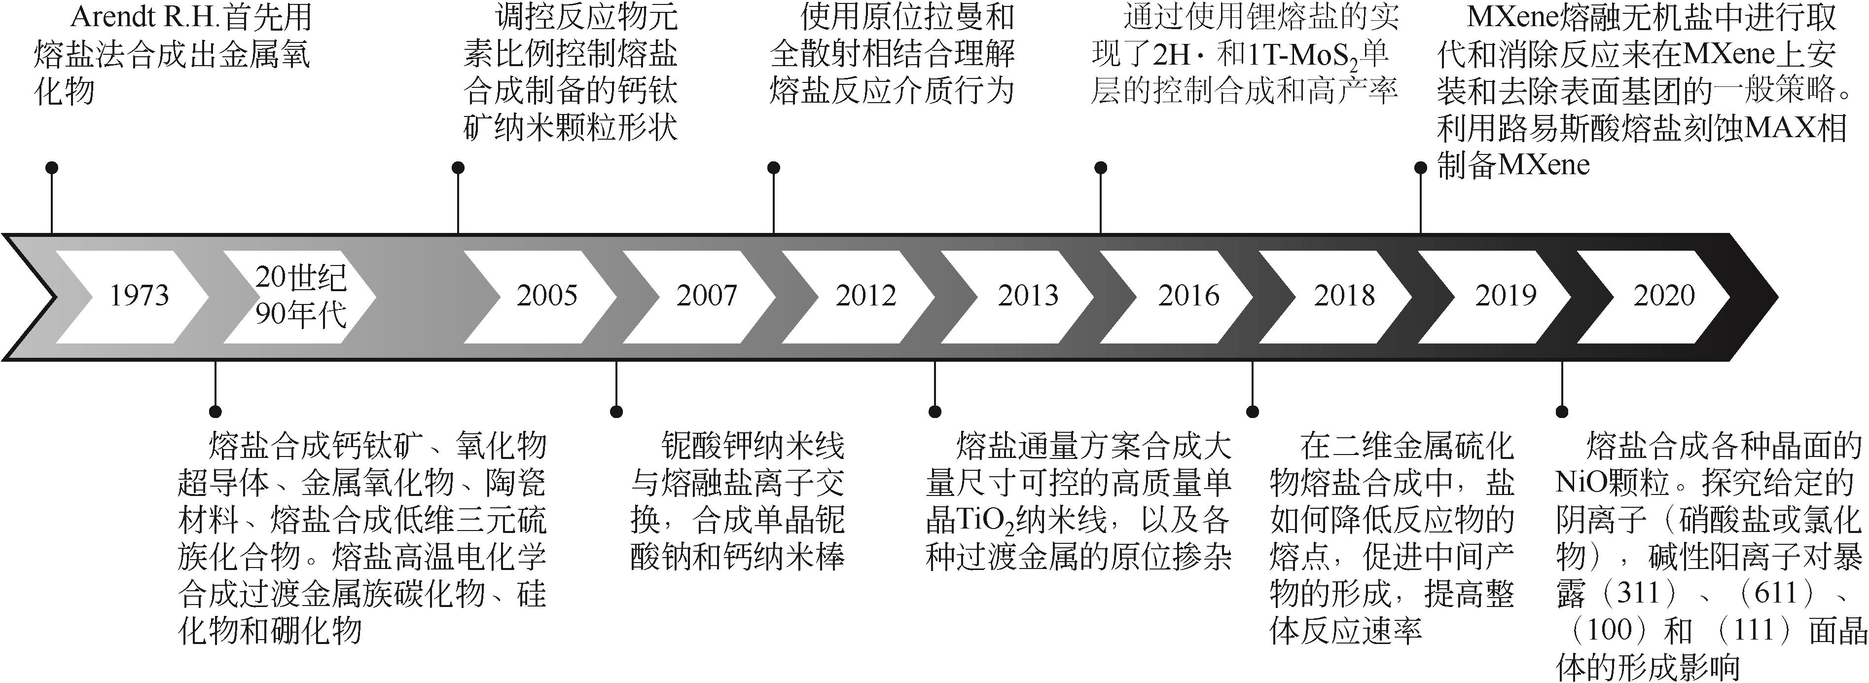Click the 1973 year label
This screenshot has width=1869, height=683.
[139, 296]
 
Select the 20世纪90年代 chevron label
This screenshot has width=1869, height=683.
[300, 296]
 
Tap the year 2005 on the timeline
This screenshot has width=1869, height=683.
[546, 296]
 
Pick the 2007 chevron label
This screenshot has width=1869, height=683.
[706, 296]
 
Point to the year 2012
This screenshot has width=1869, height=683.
[865, 296]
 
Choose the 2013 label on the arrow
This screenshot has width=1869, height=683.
[1027, 296]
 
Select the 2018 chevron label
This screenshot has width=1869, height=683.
[1344, 296]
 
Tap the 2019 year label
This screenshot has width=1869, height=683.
[1506, 296]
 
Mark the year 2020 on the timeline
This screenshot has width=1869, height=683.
[1664, 296]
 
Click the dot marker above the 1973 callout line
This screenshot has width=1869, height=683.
[51, 168]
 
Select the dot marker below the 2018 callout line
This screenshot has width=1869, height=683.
[1252, 412]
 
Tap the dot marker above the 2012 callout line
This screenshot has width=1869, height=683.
[773, 168]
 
